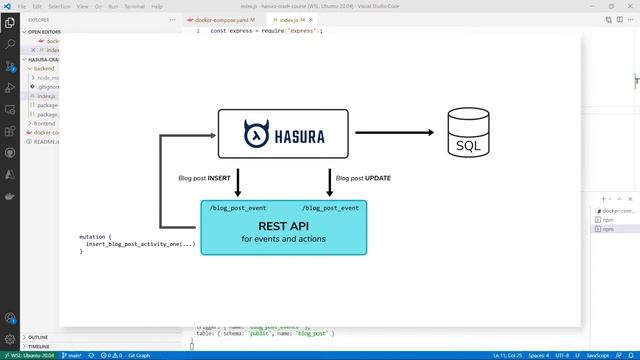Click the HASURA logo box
point(283,133)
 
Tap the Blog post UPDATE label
point(363,178)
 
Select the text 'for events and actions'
point(283,240)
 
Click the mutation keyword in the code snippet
point(95,237)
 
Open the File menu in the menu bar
point(22,5)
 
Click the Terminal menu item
point(134,5)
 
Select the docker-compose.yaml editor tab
point(221,19)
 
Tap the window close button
point(628,5)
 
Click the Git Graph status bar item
point(138,355)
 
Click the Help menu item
point(157,5)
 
